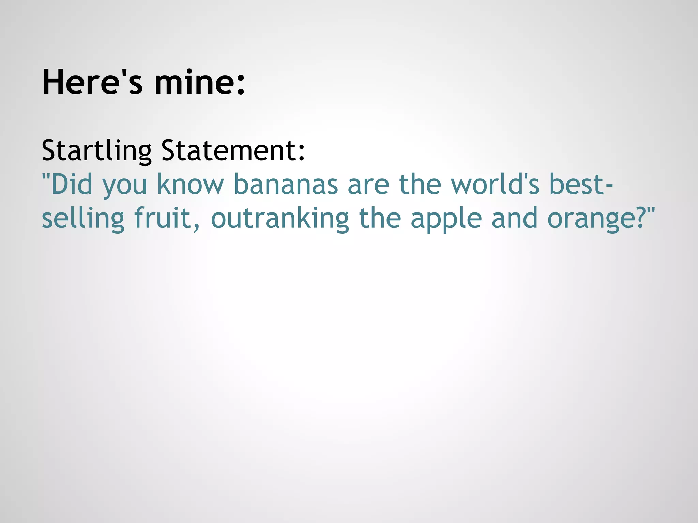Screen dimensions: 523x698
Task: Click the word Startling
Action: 96,150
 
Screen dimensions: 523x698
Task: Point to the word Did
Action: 72,184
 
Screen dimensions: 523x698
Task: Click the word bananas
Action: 285,184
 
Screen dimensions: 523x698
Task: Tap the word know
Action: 190,184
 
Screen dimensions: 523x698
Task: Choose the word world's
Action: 495,184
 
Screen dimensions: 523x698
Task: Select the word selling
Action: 83,218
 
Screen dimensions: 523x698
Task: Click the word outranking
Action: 280,218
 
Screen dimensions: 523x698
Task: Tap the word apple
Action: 446,218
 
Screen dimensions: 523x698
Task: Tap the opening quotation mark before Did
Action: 45,177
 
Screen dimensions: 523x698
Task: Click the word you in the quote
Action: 124,186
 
